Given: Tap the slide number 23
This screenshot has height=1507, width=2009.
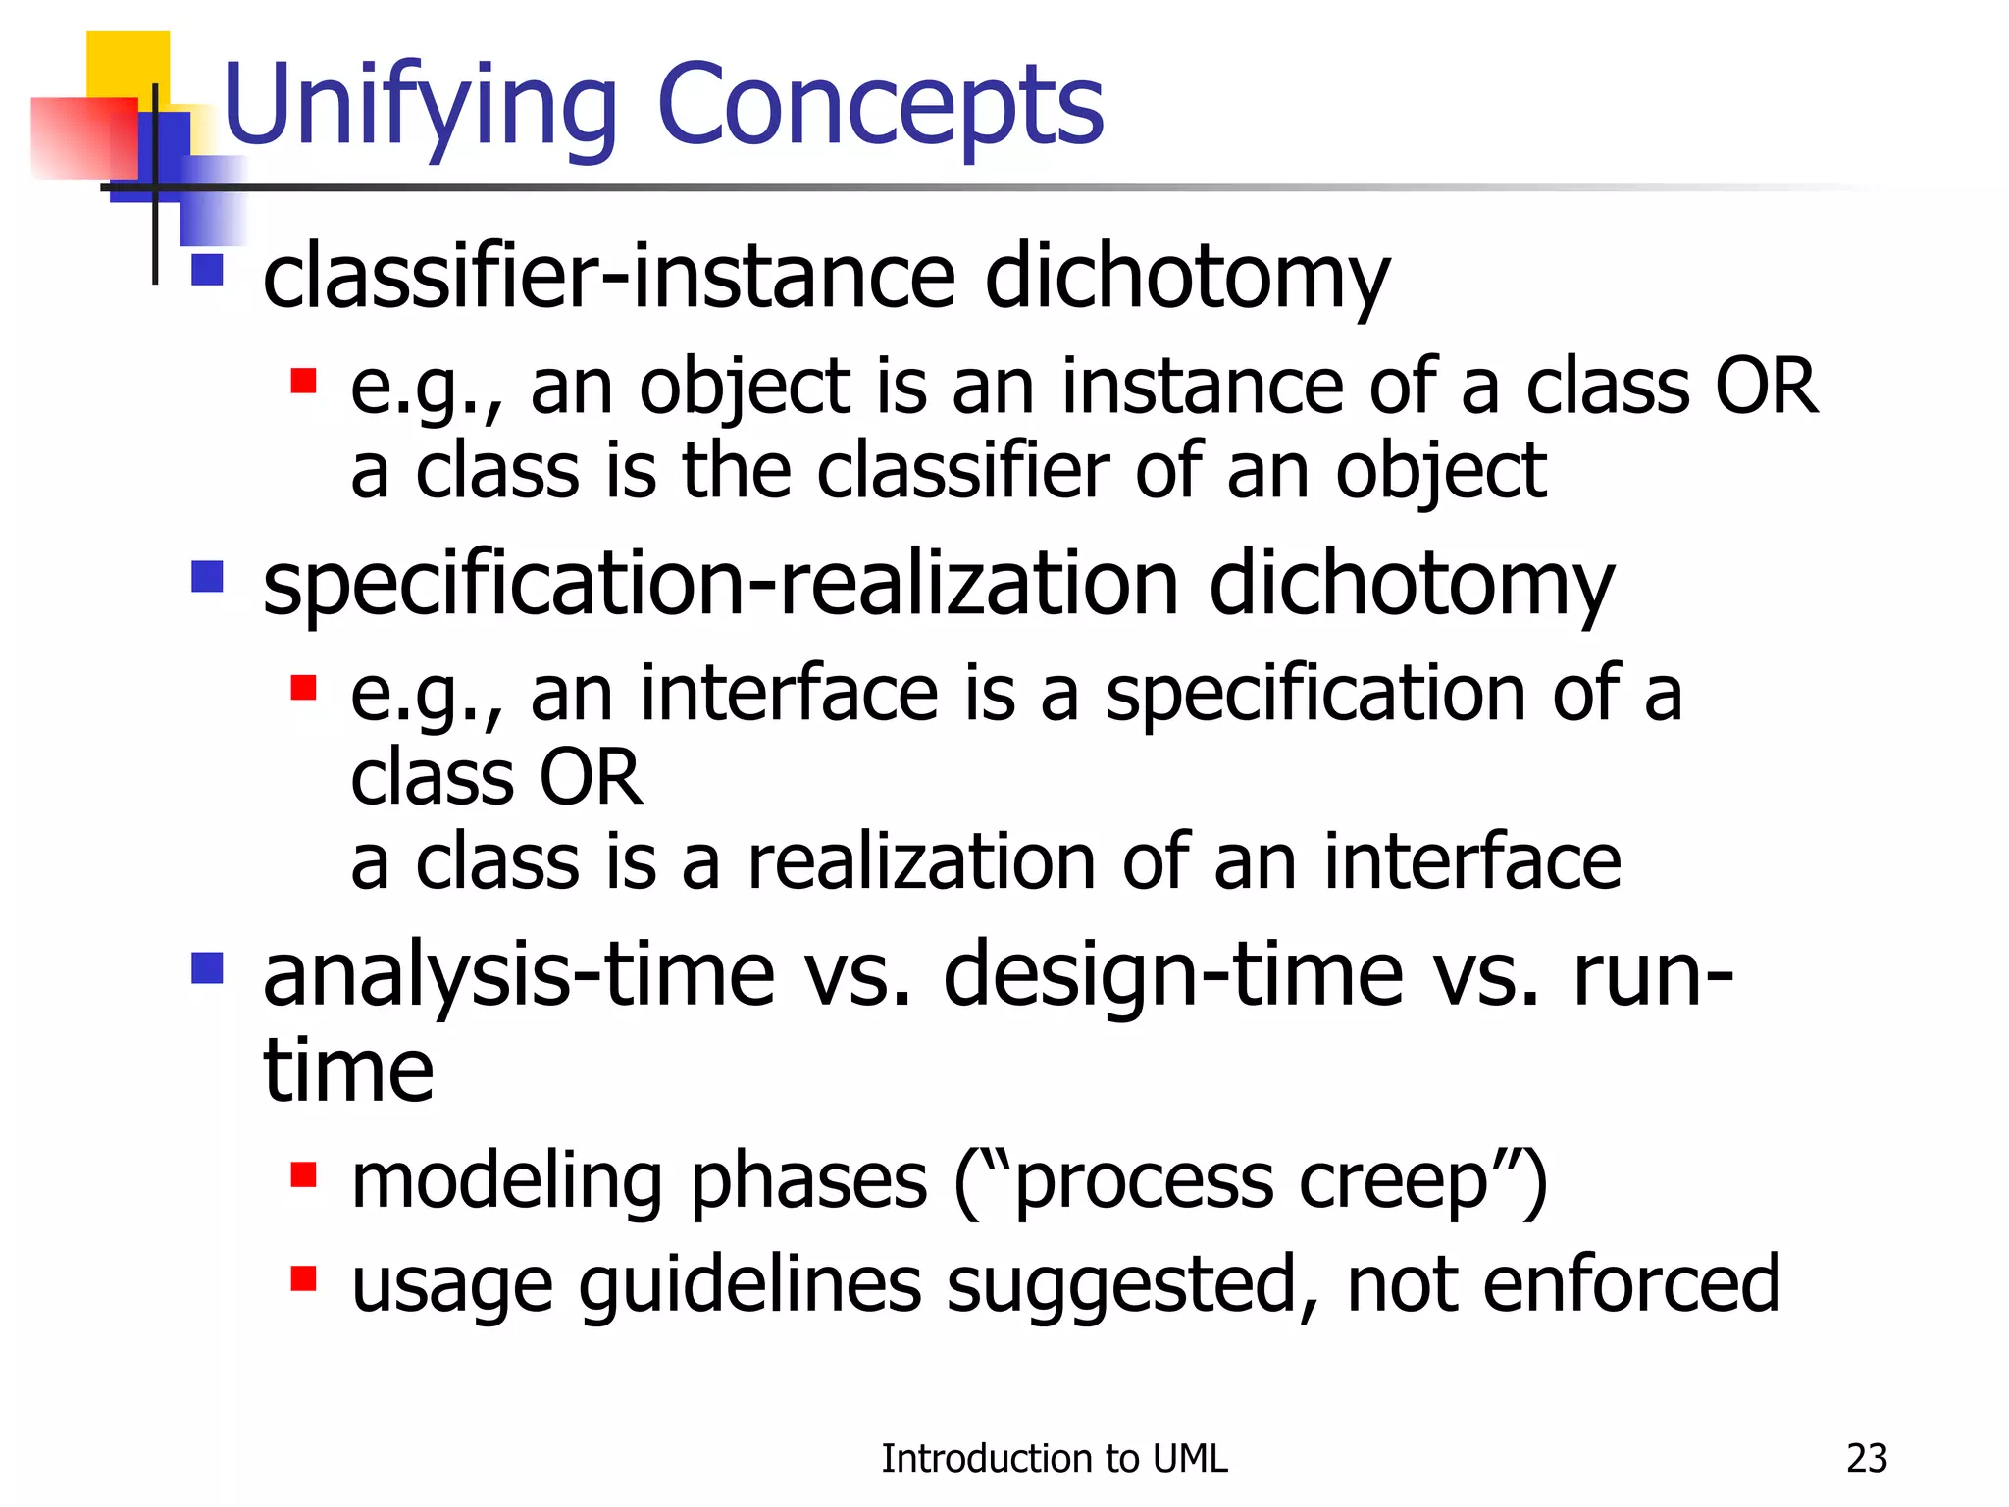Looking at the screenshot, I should [x=1866, y=1458].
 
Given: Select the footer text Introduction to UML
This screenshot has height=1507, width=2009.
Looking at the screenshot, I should [x=1054, y=1458].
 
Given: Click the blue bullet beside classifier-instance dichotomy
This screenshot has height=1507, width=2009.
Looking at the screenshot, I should [x=207, y=270].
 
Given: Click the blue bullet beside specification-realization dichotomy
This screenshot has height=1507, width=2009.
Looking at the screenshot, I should [x=207, y=576].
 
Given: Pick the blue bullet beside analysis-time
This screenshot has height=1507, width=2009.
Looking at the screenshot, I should [x=207, y=968].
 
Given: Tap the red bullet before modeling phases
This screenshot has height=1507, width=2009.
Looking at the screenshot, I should [x=303, y=1174].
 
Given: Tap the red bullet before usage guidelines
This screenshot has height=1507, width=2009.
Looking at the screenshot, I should [x=303, y=1278].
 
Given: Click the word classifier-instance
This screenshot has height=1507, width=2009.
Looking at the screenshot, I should [x=608, y=276].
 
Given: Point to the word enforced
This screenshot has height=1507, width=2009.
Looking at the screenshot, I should [x=1630, y=1283].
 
